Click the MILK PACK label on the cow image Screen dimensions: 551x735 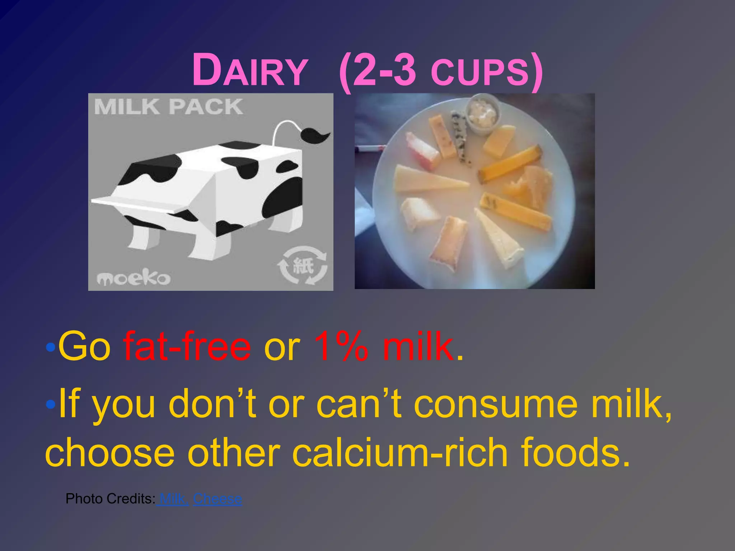pos(169,107)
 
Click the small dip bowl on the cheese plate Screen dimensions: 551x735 pos(483,113)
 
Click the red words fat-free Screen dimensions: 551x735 pos(187,346)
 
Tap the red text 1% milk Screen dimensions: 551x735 pos(383,346)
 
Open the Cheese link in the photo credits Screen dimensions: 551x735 pos(217,499)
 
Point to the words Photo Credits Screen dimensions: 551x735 pos(110,499)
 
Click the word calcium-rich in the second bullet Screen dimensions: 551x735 pos(400,453)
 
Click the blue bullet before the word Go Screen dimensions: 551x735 pos(51,347)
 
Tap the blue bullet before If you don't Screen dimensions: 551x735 pos(51,405)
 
